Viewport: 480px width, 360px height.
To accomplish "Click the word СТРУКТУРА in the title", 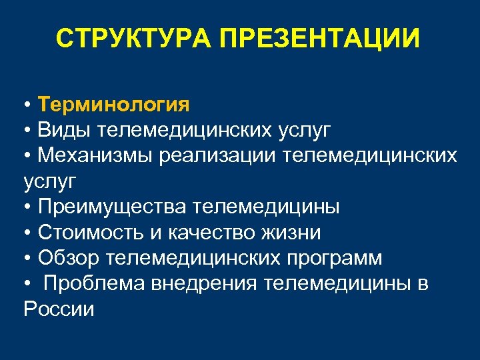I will pos(133,39).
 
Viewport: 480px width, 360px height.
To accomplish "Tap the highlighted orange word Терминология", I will pos(114,105).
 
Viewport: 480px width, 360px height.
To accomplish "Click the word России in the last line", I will pos(59,309).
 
